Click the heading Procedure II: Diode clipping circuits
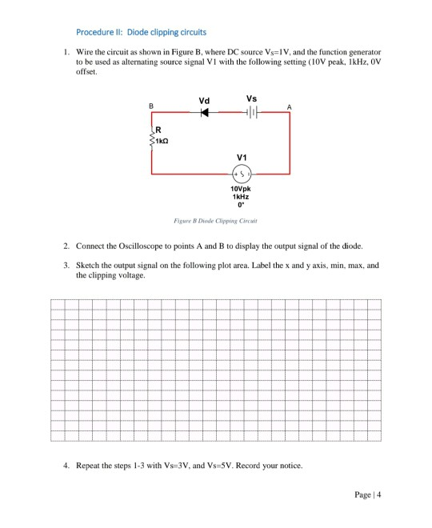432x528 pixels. tap(141, 32)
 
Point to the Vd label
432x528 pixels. tap(205, 100)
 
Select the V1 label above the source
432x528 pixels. tap(242, 157)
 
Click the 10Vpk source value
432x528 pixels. tap(242, 190)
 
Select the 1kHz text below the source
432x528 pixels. tap(242, 197)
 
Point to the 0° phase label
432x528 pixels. tap(242, 205)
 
